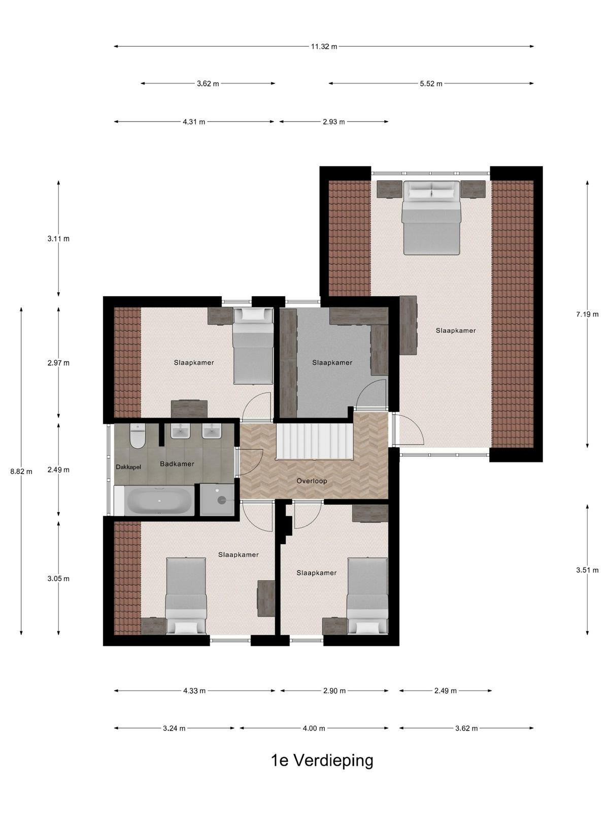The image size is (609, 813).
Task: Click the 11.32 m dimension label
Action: pos(324,47)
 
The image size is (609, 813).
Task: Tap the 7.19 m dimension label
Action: pos(587,315)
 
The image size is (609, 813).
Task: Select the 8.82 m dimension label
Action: pos(21,472)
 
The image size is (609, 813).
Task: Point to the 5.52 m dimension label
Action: pos(431,84)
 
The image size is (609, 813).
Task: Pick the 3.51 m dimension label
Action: pos(587,570)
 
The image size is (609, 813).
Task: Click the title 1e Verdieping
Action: pos(322,761)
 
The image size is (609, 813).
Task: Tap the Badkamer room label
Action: pos(177,464)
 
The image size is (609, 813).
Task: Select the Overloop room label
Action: pos(312,481)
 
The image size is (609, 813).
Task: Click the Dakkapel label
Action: pos(128,467)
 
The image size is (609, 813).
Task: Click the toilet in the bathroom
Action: pos(138,435)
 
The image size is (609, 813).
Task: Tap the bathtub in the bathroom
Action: pos(159,501)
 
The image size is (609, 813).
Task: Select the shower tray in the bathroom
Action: pos(217,499)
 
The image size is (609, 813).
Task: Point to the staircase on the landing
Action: pos(314,441)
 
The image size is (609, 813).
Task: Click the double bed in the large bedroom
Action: pos(431,218)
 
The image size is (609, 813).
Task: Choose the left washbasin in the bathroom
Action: pos(180,431)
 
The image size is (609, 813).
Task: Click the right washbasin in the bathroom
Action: pos(212,431)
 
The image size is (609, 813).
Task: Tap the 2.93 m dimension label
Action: pos(333,122)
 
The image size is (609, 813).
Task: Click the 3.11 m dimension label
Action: pos(58,239)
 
